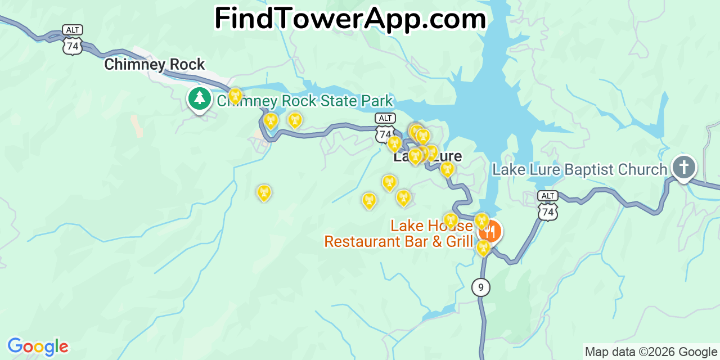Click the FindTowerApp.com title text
tap(350, 19)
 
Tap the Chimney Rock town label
tap(155, 65)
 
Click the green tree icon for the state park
tap(199, 99)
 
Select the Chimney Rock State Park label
tap(305, 101)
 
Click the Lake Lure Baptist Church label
tap(579, 169)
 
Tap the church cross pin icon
tap(683, 167)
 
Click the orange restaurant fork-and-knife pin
tap(490, 231)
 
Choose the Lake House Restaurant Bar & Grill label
tap(398, 234)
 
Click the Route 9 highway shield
tap(480, 287)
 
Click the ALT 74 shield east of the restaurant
tap(547, 206)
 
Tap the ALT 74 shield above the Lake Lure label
tap(385, 127)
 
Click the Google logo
tap(38, 346)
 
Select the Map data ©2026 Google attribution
tap(651, 352)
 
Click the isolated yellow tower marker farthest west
tap(264, 193)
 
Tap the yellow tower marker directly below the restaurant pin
tap(483, 247)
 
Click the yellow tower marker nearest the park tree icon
tap(235, 96)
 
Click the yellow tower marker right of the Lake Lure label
tap(447, 169)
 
